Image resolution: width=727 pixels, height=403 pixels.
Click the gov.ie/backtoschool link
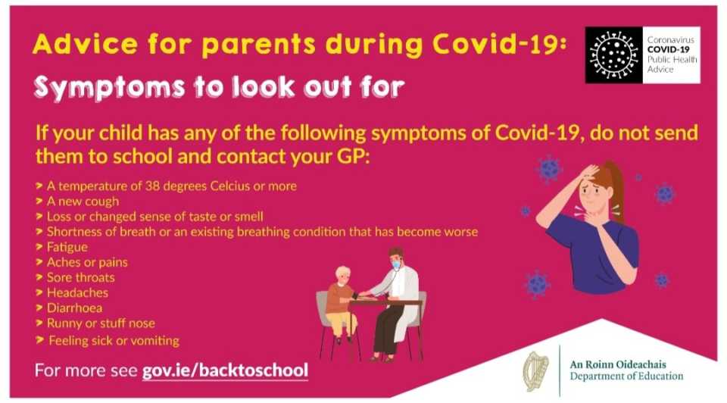[225, 370]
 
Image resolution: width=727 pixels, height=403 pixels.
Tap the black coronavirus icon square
[614, 55]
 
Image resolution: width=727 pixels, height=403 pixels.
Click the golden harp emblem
[535, 371]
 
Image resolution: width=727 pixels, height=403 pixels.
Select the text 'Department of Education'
[626, 376]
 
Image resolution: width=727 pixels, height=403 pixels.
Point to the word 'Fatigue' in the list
[67, 247]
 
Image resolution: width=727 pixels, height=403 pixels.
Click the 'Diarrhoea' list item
[75, 308]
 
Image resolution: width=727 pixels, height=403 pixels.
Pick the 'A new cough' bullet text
[83, 202]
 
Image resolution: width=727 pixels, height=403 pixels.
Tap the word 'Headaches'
[77, 292]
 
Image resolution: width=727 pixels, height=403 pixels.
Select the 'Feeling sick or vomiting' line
[114, 340]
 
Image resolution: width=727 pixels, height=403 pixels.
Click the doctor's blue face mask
[396, 265]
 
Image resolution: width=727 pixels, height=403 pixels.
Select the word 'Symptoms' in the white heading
[109, 87]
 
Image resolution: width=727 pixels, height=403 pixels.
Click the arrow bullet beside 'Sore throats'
[39, 276]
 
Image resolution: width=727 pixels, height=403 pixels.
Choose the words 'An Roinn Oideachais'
[618, 364]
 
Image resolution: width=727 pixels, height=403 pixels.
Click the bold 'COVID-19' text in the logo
[669, 50]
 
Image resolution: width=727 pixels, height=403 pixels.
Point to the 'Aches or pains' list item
[87, 262]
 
